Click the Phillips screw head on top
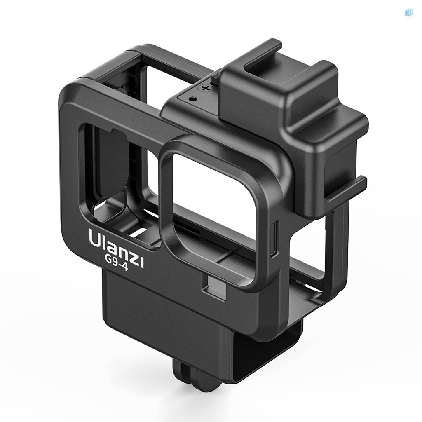coord(204,88)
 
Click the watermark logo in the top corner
coord(408,13)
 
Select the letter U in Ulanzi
coord(94,239)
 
